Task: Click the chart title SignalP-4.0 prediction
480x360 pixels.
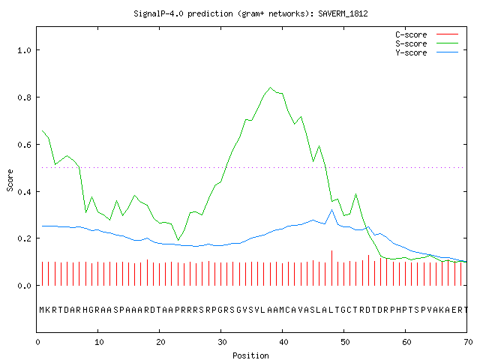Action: [x=183, y=13]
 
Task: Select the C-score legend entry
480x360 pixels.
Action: [x=427, y=34]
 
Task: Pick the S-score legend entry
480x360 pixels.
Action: [x=427, y=43]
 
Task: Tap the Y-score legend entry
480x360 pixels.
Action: [x=427, y=52]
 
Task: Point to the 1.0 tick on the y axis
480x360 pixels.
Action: [x=24, y=50]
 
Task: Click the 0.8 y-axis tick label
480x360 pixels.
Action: [x=24, y=97]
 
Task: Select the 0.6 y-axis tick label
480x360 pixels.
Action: [x=24, y=145]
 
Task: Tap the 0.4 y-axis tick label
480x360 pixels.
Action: [x=24, y=192]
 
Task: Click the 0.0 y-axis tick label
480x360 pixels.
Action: [x=24, y=286]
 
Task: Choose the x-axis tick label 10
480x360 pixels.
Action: [x=99, y=342]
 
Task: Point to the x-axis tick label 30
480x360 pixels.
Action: [x=222, y=342]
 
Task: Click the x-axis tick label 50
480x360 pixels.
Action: [x=345, y=342]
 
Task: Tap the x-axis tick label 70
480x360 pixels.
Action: [x=468, y=342]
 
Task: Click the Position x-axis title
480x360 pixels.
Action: [x=250, y=355]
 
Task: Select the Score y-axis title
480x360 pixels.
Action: [x=10, y=180]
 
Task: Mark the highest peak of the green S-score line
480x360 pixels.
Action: [x=270, y=88]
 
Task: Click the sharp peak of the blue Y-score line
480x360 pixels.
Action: [x=331, y=210]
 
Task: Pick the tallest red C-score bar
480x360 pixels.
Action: [x=331, y=268]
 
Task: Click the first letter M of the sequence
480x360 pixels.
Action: [x=42, y=310]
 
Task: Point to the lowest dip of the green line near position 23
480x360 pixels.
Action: [x=178, y=240]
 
